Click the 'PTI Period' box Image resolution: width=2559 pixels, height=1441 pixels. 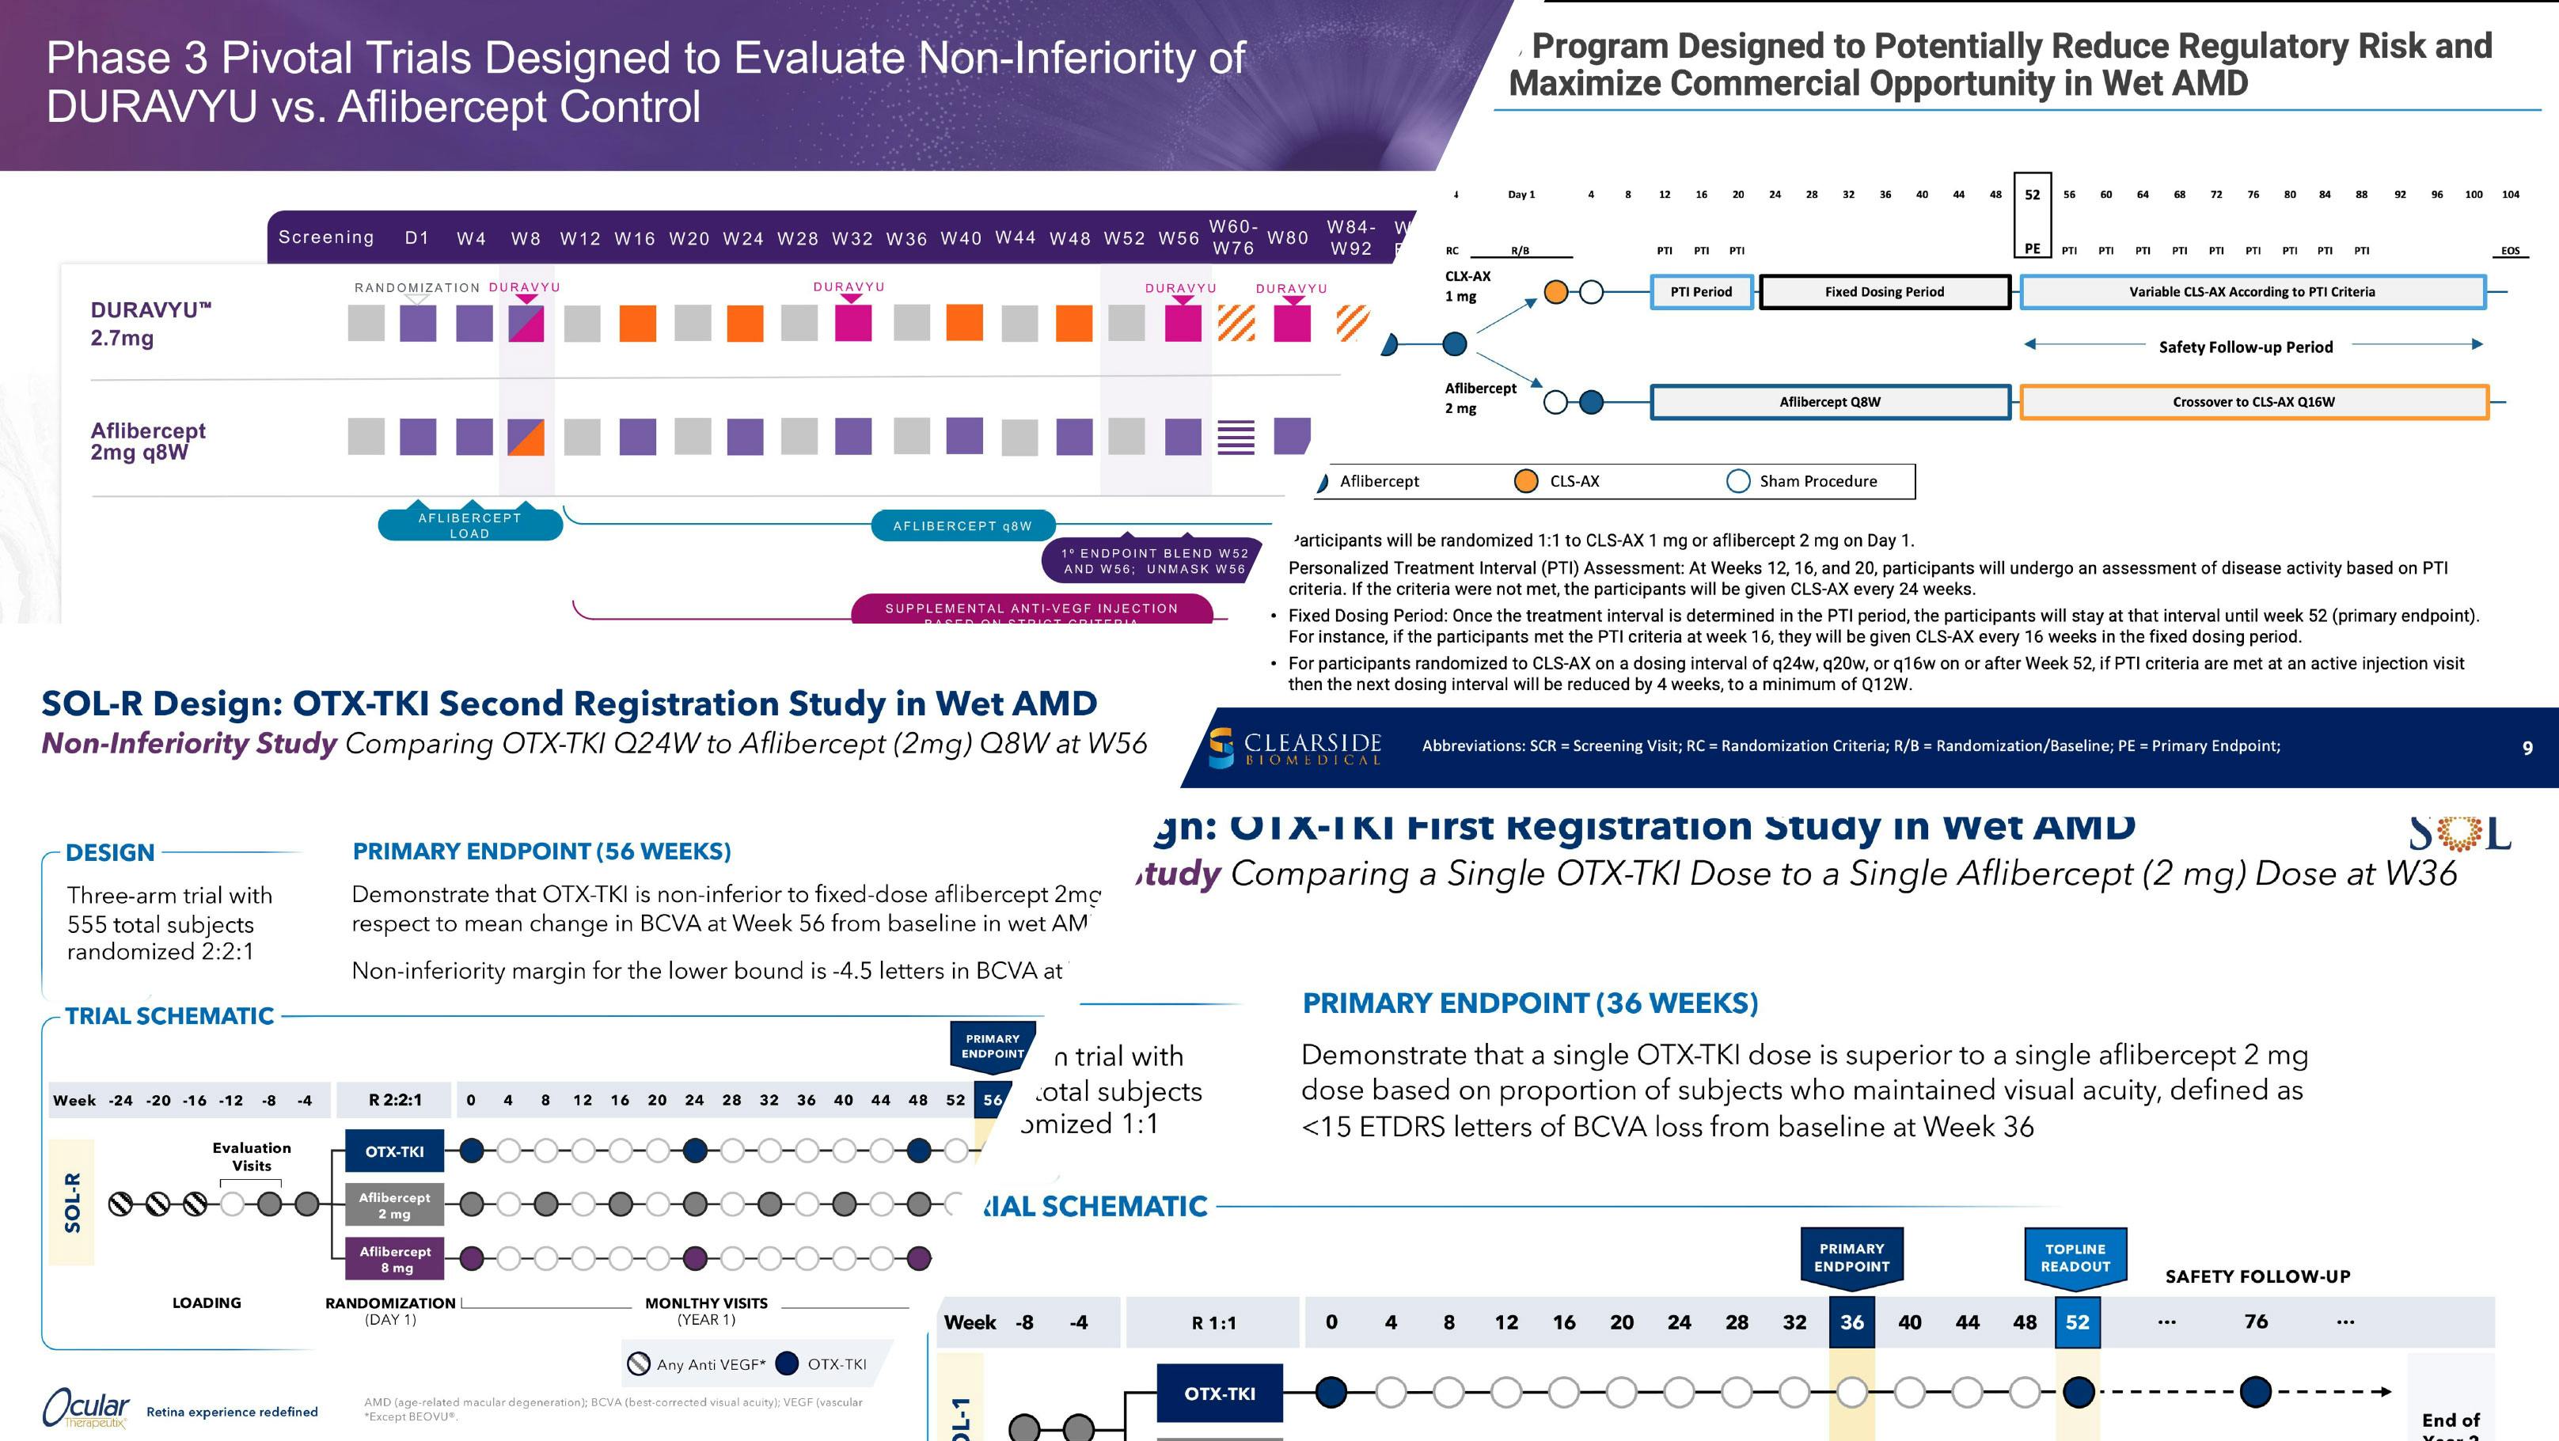point(1701,292)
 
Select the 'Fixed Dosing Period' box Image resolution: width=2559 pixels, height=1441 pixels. point(1884,292)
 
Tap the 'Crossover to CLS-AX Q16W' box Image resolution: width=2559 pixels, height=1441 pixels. point(2253,402)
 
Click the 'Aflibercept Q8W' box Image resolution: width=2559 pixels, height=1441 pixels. point(1829,402)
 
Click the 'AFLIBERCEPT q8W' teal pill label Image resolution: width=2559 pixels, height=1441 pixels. point(962,526)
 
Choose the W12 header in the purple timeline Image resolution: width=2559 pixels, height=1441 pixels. point(579,238)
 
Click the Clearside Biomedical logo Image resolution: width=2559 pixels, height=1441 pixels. point(1294,747)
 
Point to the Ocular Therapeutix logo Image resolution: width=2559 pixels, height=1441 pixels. point(85,1409)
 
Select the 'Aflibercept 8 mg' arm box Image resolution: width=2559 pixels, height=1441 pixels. point(394,1259)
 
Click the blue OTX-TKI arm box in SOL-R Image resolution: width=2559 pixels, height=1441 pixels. point(394,1152)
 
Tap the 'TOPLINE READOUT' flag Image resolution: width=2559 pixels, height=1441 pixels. point(2075,1257)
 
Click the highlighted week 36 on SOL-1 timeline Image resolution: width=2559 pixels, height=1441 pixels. point(1851,1322)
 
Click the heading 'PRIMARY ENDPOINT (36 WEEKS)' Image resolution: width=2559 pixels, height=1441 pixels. point(1530,1003)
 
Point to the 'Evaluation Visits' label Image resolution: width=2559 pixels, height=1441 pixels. point(252,1156)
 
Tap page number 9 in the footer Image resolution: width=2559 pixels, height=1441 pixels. point(2527,748)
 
